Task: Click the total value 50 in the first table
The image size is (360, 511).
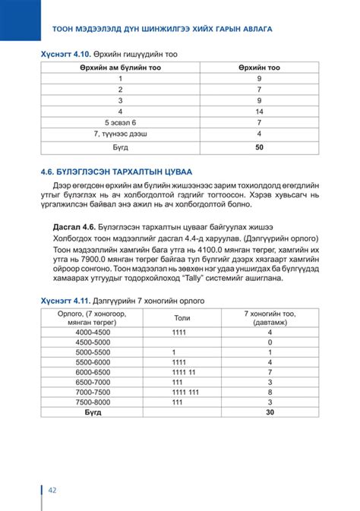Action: click(259, 147)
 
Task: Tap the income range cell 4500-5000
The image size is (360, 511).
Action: click(93, 342)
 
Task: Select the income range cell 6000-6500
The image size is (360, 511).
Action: click(93, 372)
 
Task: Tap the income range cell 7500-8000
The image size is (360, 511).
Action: click(93, 402)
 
